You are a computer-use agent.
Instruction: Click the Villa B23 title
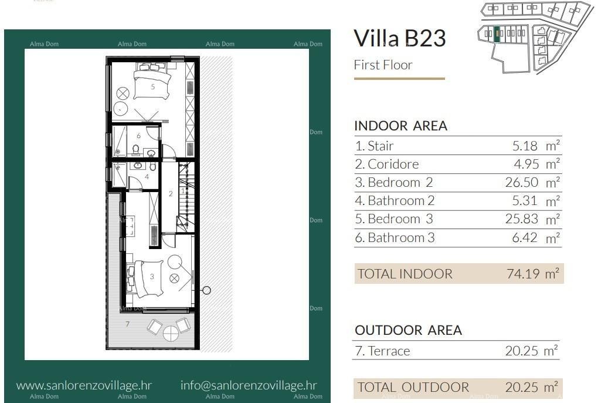[x=400, y=38]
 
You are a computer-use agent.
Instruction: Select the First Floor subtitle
[x=383, y=65]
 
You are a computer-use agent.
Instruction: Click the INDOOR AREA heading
[x=400, y=126]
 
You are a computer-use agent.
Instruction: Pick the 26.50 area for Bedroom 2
[x=521, y=182]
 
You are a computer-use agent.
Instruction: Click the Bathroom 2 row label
[x=395, y=201]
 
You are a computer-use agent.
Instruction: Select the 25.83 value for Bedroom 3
[x=521, y=219]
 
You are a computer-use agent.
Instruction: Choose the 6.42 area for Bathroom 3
[x=524, y=238]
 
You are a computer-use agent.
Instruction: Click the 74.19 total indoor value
[x=522, y=274]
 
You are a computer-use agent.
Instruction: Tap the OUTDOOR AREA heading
[x=408, y=330]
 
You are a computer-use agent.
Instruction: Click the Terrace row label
[x=383, y=351]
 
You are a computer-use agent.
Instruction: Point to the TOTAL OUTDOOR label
[x=413, y=387]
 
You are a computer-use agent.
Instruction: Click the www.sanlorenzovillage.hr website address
[x=84, y=385]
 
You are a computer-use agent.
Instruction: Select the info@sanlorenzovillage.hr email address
[x=249, y=385]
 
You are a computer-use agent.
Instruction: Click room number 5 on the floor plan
[x=152, y=86]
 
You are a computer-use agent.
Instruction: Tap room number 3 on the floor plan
[x=152, y=276]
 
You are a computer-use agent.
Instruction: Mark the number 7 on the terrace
[x=127, y=324]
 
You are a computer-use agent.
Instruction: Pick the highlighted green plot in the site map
[x=497, y=34]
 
